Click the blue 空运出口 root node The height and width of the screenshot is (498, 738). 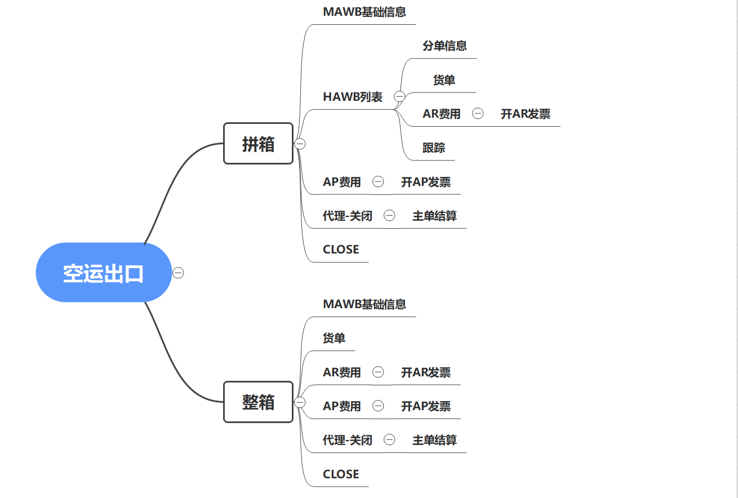click(104, 273)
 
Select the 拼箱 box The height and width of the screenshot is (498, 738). click(258, 144)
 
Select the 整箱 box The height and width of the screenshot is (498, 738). click(258, 402)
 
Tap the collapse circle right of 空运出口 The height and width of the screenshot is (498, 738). click(178, 273)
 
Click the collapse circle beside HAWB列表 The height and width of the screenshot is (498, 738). click(399, 96)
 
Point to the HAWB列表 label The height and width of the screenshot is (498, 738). click(353, 97)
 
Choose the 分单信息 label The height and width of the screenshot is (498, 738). click(444, 46)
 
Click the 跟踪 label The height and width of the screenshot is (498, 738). click(434, 148)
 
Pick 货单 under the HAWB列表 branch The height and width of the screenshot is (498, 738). click(444, 80)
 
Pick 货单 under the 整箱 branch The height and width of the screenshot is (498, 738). click(334, 338)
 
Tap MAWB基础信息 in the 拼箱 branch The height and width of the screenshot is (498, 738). click(364, 12)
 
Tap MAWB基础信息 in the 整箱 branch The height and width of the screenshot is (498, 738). click(364, 304)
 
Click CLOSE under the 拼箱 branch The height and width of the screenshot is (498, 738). click(341, 250)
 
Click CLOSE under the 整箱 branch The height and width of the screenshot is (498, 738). click(341, 474)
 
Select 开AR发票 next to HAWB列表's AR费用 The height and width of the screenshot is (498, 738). click(526, 114)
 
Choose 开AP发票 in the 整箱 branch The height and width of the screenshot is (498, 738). click(426, 406)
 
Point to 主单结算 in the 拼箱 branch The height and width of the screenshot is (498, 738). click(434, 216)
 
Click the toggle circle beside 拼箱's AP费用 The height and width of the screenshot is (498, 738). click(378, 181)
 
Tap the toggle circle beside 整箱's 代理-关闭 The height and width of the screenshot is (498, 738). click(389, 440)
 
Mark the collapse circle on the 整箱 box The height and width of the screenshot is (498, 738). click(300, 402)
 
